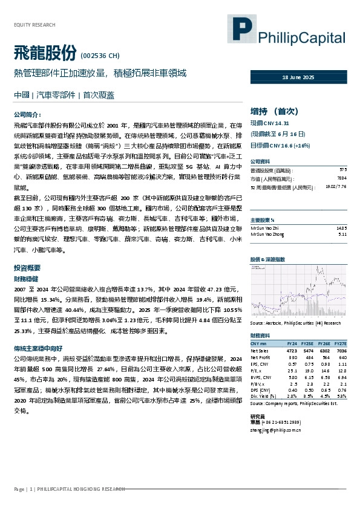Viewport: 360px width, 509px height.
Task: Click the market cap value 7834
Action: (x=342, y=179)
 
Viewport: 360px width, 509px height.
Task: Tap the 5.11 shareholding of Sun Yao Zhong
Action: (x=342, y=233)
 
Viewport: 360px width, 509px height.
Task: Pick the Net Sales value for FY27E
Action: (x=341, y=350)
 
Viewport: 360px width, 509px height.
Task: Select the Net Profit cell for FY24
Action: (x=292, y=357)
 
